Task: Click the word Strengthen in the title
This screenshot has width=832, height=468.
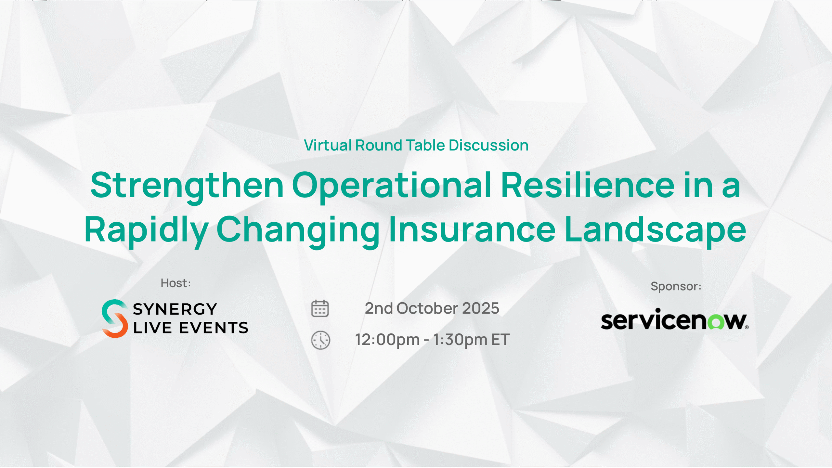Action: click(x=187, y=186)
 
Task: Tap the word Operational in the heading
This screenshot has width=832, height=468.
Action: click(x=392, y=186)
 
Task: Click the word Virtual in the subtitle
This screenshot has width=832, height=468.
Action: click(x=328, y=145)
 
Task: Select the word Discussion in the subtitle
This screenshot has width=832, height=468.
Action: click(x=488, y=145)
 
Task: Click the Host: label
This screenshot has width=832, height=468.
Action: click(x=176, y=283)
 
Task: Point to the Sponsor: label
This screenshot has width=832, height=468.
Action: click(x=676, y=286)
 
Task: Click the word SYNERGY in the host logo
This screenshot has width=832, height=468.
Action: click(x=175, y=309)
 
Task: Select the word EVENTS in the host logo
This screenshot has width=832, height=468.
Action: click(x=214, y=328)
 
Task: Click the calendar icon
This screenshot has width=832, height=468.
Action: click(x=320, y=308)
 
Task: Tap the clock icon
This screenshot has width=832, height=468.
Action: click(x=321, y=340)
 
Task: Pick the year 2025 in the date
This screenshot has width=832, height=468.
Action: click(x=481, y=308)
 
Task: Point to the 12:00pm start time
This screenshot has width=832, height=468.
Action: click(x=387, y=340)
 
